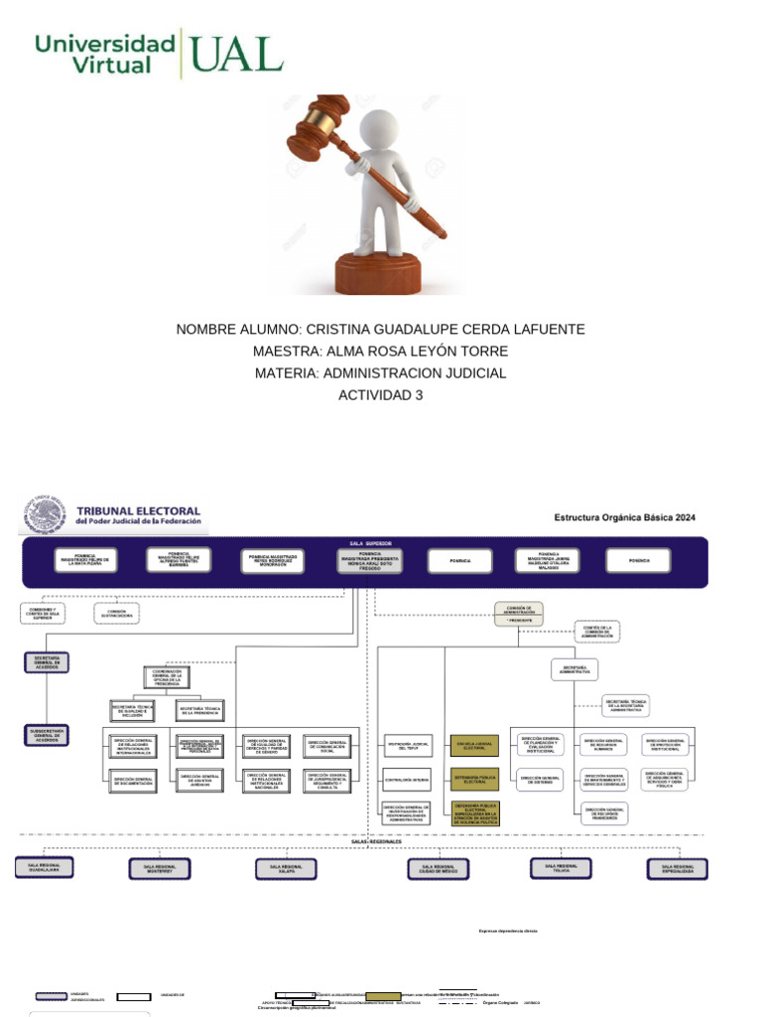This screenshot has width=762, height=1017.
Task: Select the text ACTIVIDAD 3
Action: pos(381,395)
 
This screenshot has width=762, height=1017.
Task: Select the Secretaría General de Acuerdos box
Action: pos(48,663)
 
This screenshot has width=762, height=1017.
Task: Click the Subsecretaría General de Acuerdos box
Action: pos(48,736)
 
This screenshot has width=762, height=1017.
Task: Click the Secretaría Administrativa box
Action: pos(575,670)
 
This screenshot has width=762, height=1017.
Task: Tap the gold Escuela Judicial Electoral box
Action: pos(474,745)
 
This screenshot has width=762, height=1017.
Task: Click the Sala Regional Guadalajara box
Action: pos(44,867)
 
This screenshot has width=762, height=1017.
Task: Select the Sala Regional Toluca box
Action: pos(560,867)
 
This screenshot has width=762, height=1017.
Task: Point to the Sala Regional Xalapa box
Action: pos(286,868)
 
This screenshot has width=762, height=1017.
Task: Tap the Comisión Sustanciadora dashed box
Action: pos(117,613)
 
